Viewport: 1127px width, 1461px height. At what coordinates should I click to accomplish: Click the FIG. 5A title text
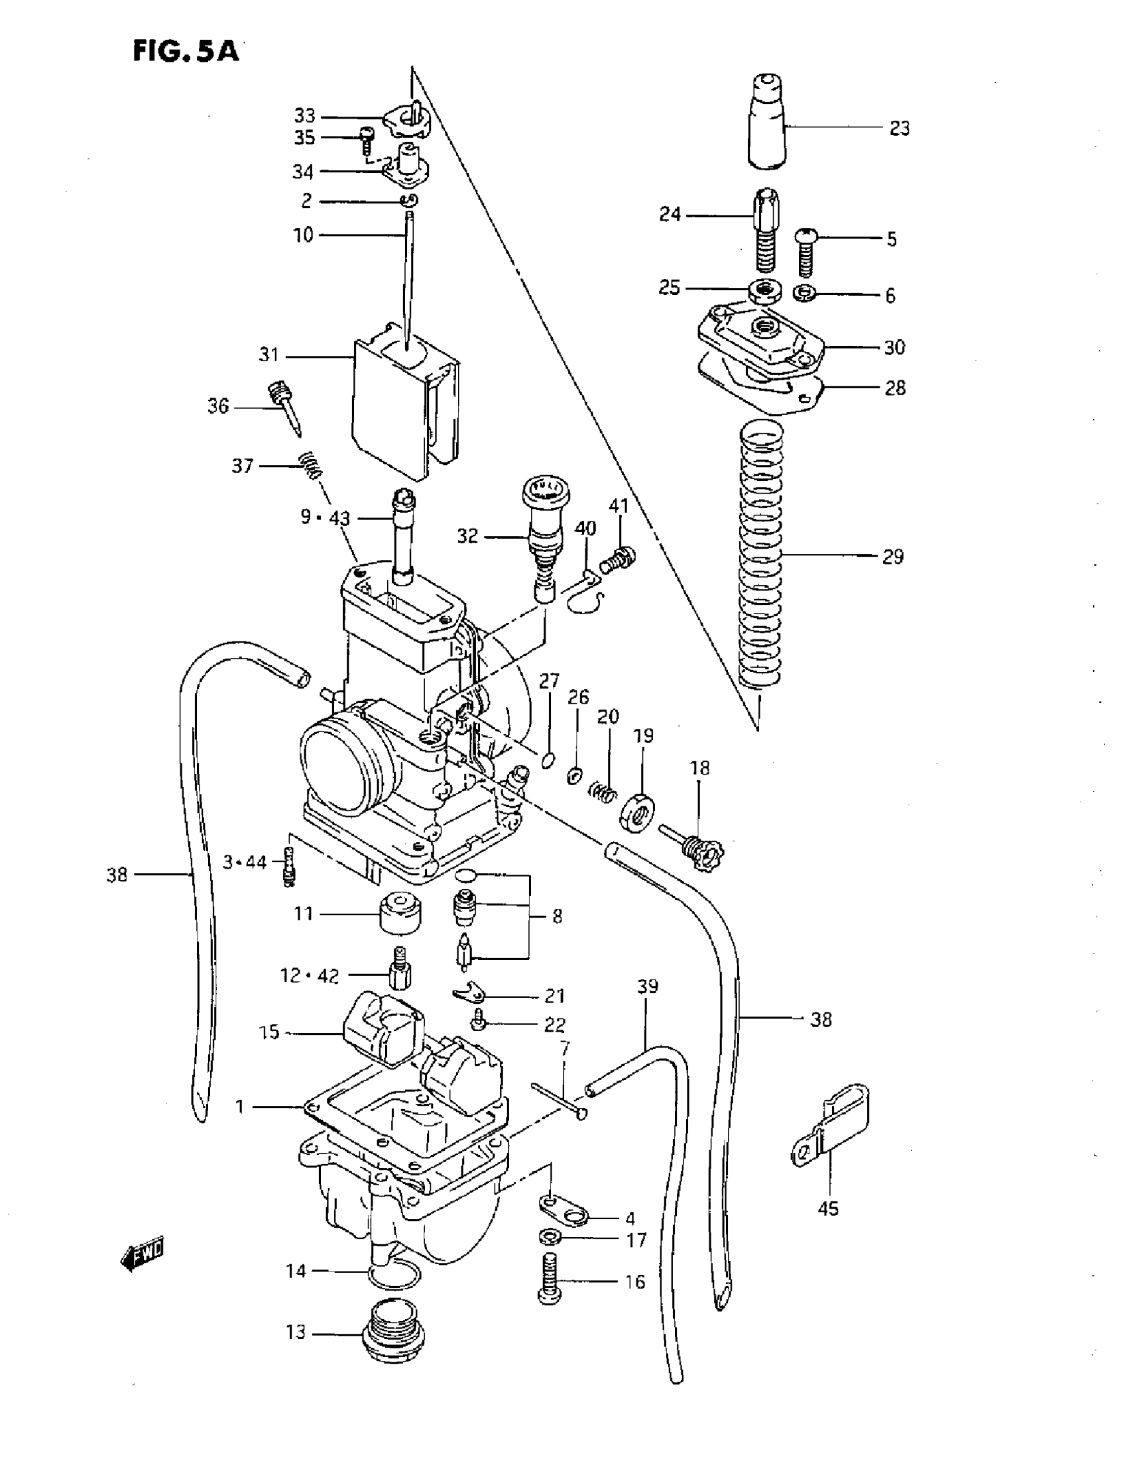pyautogui.click(x=186, y=50)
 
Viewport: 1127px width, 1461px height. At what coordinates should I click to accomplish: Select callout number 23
pyautogui.click(x=899, y=129)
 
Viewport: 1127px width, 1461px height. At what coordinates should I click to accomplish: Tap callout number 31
pyautogui.click(x=268, y=355)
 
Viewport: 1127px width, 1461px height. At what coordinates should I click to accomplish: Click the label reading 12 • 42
pyautogui.click(x=309, y=976)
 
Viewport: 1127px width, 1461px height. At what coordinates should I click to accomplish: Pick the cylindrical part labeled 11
pyautogui.click(x=401, y=912)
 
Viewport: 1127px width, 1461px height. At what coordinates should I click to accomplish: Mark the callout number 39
pyautogui.click(x=647, y=987)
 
